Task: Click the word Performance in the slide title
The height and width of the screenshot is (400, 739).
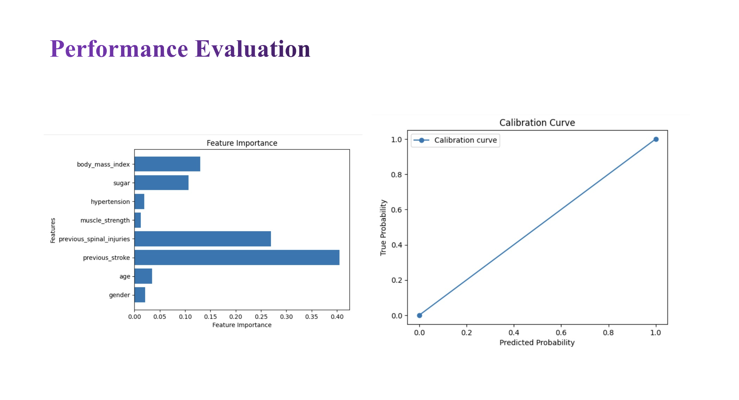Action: click(119, 49)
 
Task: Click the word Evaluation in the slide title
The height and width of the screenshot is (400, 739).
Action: click(253, 49)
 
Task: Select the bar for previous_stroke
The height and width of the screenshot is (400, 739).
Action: click(237, 258)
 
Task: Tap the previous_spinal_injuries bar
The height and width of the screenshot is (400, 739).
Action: click(202, 239)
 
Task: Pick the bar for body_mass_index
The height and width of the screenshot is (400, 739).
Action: click(167, 164)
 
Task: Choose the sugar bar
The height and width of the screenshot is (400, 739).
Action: click(161, 183)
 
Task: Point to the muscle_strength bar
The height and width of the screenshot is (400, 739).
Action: click(138, 220)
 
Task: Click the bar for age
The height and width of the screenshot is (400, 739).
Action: click(143, 276)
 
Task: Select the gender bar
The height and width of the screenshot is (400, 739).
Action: click(140, 295)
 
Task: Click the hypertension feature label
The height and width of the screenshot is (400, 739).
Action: click(110, 202)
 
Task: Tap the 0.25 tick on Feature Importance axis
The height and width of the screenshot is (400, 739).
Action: click(261, 317)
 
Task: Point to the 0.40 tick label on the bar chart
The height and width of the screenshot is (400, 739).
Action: click(337, 317)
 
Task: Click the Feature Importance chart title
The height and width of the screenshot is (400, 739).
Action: click(242, 143)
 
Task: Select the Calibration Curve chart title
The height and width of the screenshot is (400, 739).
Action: click(537, 123)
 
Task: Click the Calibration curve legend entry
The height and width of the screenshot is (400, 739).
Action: click(465, 140)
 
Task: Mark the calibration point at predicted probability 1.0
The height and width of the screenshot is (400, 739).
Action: click(656, 139)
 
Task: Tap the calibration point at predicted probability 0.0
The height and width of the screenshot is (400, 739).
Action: click(420, 315)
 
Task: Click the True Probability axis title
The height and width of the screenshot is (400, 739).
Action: click(383, 227)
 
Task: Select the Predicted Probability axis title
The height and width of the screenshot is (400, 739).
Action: click(537, 342)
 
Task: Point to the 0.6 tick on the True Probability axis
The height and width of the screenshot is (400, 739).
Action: click(396, 210)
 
